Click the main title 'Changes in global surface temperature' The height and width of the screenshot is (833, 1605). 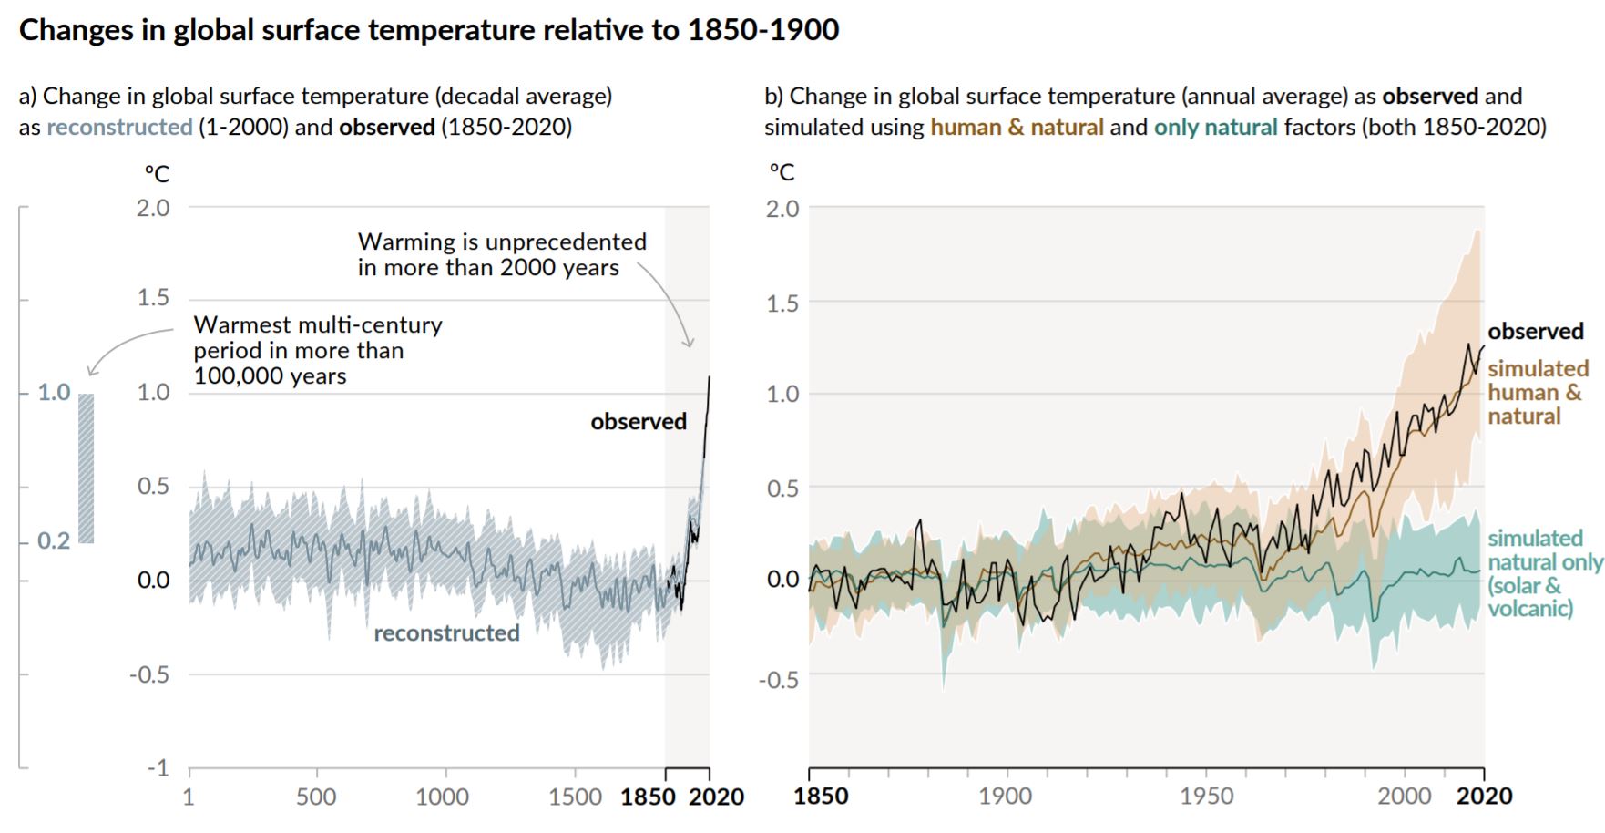tap(428, 30)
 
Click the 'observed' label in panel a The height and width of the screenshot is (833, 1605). tap(638, 422)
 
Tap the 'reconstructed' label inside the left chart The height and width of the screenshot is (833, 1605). tap(446, 633)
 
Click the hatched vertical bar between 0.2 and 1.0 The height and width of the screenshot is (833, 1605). tap(86, 468)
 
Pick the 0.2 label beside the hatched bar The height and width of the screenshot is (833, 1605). tap(54, 541)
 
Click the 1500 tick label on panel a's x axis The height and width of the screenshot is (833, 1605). tap(576, 797)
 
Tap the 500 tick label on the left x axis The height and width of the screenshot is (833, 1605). tap(316, 797)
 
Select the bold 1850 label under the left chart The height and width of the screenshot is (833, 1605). tap(648, 797)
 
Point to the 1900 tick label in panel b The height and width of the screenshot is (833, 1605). tap(1006, 797)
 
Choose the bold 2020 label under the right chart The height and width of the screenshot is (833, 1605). tap(1484, 797)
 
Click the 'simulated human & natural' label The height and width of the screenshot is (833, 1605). tap(1538, 393)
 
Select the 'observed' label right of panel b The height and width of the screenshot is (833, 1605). tap(1536, 332)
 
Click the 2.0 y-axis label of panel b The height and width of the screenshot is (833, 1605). tap(782, 209)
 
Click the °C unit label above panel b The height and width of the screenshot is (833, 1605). tap(782, 172)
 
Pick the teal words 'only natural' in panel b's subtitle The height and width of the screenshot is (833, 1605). tap(1215, 128)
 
